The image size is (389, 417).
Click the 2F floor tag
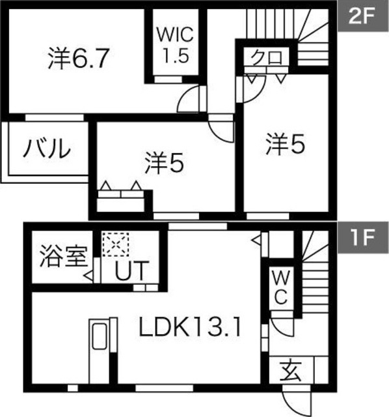tap(363, 16)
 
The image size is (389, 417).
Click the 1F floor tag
tap(363, 237)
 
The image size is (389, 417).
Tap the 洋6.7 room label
tap(79, 59)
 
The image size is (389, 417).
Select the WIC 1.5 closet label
tap(175, 45)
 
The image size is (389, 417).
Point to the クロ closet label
tap(267, 57)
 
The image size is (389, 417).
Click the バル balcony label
tap(47, 148)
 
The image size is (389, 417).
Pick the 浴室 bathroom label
tap(64, 257)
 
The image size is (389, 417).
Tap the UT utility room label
tap(131, 271)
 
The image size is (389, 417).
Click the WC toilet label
tap(281, 288)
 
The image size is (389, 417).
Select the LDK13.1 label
tap(190, 328)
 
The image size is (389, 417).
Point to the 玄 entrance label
tap(291, 371)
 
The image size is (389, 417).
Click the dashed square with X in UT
tap(116, 245)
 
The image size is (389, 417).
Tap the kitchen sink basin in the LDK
tap(100, 336)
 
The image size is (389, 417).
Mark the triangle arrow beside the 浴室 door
tap(88, 276)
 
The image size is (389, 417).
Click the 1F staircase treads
tap(316, 274)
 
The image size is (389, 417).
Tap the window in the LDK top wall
tap(198, 226)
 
